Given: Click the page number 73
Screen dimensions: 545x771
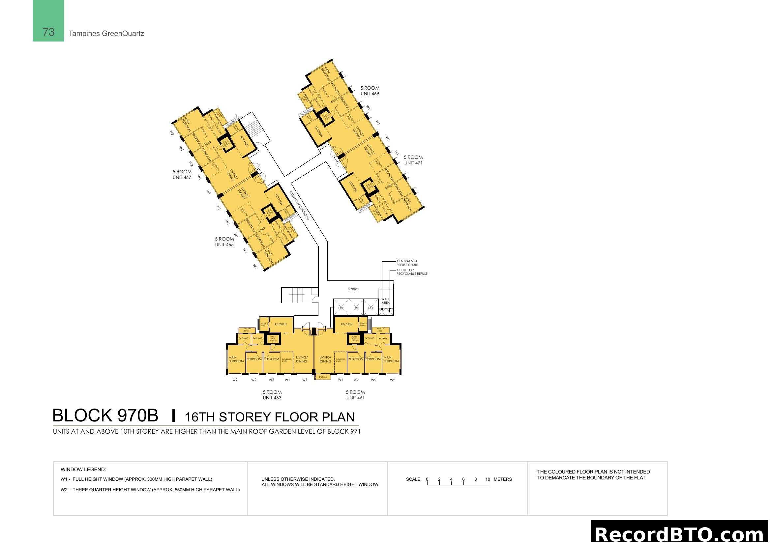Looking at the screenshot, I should click(x=48, y=32).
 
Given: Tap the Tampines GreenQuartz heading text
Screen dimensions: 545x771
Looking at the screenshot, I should click(x=106, y=34).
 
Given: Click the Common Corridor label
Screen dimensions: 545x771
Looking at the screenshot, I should click(x=299, y=205).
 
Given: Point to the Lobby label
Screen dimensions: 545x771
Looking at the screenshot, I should click(x=353, y=289).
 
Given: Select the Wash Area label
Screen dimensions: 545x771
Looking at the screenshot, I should click(x=386, y=301).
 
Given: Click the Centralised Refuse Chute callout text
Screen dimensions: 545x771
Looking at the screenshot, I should click(x=407, y=263).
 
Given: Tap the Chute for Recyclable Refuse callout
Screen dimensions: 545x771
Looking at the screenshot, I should click(x=412, y=272).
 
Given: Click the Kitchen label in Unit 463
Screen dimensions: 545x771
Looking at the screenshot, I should click(x=281, y=324).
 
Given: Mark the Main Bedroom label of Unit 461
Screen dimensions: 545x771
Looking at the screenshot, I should click(x=391, y=359).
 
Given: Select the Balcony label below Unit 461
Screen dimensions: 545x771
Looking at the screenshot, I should click(x=323, y=377).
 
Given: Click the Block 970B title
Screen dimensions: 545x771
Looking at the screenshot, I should click(x=105, y=416).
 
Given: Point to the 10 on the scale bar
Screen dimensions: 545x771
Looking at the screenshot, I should click(x=488, y=479).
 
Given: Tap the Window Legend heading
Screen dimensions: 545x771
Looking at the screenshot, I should click(x=83, y=470).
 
